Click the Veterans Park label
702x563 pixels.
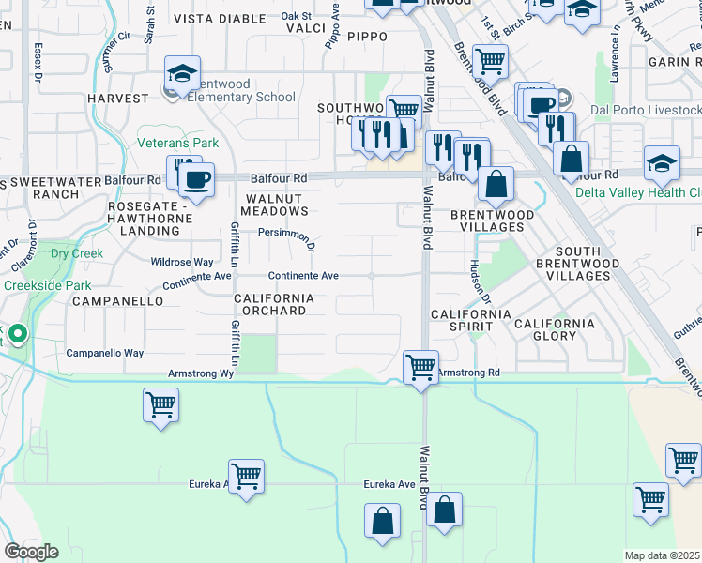[177, 144]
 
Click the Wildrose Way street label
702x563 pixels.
[182, 262]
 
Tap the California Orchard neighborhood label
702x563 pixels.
[271, 304]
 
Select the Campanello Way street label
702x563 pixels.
[104, 354]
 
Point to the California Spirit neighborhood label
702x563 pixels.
[470, 320]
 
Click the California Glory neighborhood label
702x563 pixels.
[554, 329]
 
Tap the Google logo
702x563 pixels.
[31, 551]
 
